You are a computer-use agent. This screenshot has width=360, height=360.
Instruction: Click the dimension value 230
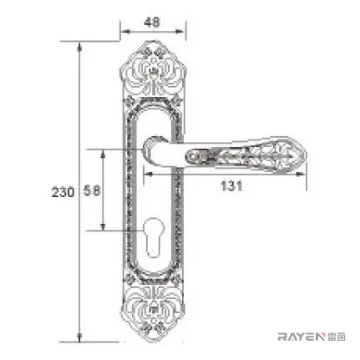pyautogui.click(x=63, y=192)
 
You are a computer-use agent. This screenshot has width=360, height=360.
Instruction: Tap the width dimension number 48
pyautogui.click(x=153, y=22)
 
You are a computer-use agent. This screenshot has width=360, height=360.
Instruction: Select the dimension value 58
pyautogui.click(x=92, y=190)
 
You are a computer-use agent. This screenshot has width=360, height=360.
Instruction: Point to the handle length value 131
pyautogui.click(x=231, y=185)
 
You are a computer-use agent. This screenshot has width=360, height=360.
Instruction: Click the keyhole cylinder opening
pyautogui.click(x=153, y=236)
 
